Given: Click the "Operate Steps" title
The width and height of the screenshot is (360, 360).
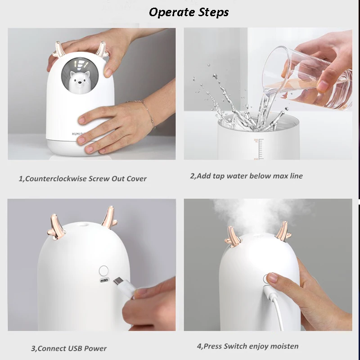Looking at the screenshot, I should [189, 12].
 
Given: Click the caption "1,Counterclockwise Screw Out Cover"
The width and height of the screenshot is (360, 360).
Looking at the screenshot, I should [82, 178].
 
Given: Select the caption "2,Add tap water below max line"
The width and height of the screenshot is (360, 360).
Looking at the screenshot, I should [246, 175].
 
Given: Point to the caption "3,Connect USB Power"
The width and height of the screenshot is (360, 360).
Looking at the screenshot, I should [69, 348].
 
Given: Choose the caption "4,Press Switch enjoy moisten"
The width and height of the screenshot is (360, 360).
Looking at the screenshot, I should [247, 346].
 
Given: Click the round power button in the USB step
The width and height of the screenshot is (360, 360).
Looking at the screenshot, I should [104, 270].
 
